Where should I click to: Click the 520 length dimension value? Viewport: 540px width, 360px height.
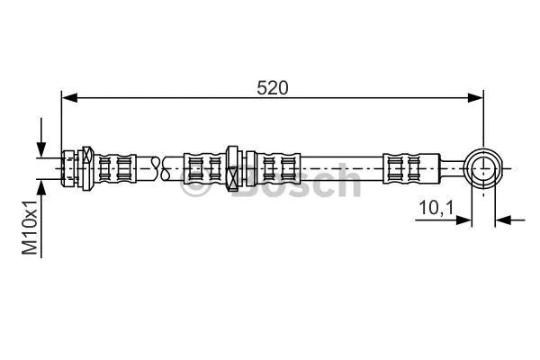coord(272,87)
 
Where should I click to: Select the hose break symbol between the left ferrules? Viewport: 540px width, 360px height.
coord(159,166)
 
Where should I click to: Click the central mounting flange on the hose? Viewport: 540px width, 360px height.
coord(233,166)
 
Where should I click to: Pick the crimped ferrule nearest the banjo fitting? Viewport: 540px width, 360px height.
coord(400,166)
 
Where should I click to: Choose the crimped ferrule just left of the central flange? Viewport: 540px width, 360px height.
coord(203,166)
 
